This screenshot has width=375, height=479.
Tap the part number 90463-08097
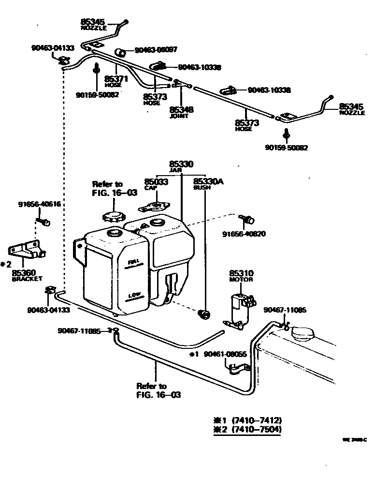pos(156,50)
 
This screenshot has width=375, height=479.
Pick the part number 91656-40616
pos(40,204)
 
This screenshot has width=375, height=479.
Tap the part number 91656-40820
pos(244,234)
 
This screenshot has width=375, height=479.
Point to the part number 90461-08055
pos(225,354)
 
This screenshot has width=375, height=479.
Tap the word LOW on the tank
pos(134,295)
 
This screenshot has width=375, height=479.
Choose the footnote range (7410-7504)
pos(257,429)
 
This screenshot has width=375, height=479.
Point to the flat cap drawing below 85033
pos(153,207)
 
